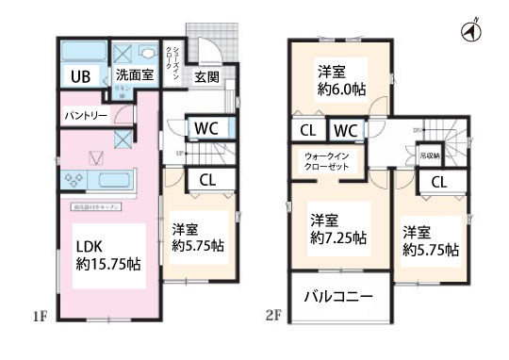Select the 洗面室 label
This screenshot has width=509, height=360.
pyautogui.click(x=136, y=74)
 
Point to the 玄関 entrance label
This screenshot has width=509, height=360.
pyautogui.click(x=206, y=77)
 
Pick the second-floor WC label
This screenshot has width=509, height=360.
pyautogui.click(x=345, y=129)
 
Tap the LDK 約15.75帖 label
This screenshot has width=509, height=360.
pyautogui.click(x=107, y=254)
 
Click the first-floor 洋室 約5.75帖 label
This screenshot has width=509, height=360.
pyautogui.click(x=197, y=237)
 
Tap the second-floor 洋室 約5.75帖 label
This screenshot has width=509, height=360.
pyautogui.click(x=431, y=240)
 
